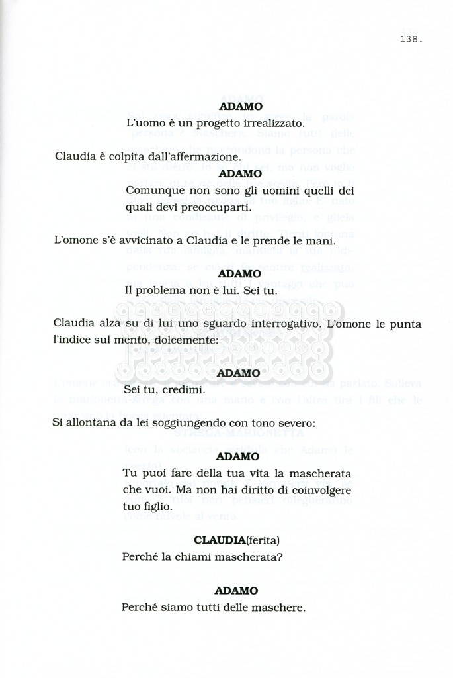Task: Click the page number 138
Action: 411,39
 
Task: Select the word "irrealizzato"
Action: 269,123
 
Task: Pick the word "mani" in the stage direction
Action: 321,240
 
